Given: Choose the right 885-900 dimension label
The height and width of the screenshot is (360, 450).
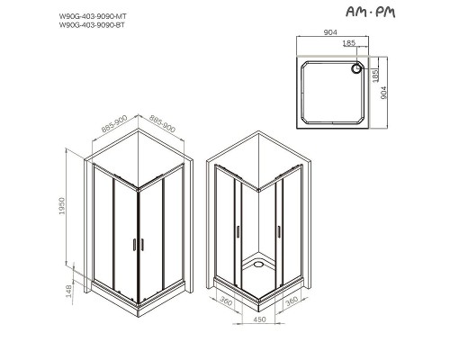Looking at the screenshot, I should (x=162, y=131).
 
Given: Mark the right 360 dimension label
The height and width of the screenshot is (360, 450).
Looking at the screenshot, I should (x=290, y=304).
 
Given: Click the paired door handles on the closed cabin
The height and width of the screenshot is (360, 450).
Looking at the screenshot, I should (x=138, y=243).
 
